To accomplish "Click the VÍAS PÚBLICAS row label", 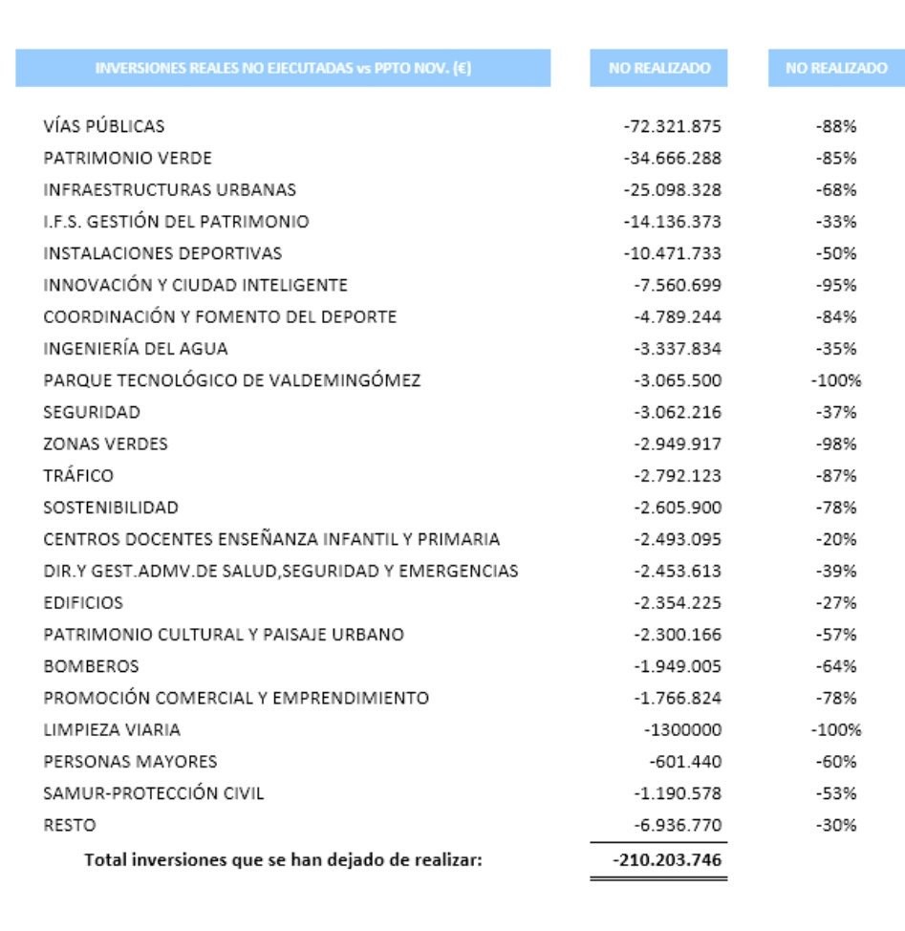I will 103,126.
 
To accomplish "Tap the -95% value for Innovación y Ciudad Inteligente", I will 836,285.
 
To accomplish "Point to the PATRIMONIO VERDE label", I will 127,158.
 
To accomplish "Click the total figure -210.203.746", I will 667,859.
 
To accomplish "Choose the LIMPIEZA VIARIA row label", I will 112,730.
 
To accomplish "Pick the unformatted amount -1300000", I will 682,730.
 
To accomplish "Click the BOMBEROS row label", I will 91,666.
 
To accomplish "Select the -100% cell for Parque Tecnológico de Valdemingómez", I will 836,380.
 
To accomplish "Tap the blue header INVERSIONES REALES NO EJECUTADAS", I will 283,69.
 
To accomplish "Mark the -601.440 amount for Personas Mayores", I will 685,762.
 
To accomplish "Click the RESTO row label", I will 70,825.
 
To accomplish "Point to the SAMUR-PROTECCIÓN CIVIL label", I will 153,793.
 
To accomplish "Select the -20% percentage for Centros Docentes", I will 836,539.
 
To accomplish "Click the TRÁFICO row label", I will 78,476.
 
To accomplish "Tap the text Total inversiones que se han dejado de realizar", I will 284,859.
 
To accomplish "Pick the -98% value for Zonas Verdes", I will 836,444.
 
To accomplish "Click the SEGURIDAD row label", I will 92,412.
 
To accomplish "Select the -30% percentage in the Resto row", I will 836,825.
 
